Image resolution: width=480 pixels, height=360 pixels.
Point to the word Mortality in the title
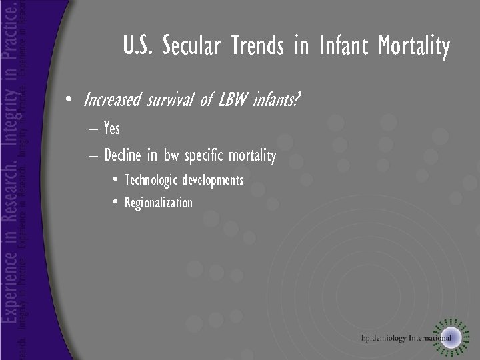[x=414, y=47]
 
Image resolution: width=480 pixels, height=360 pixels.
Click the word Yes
[x=112, y=128]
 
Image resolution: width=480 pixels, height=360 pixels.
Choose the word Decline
[x=123, y=156]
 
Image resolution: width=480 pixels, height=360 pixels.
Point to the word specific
[x=203, y=157]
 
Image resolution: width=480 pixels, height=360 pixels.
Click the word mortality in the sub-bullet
[x=252, y=157]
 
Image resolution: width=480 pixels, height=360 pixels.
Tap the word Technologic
[x=151, y=180]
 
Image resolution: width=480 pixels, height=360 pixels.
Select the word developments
[x=213, y=181]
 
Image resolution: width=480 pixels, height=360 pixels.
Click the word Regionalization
[x=159, y=203]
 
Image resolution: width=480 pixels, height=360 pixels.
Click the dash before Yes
[x=91, y=129]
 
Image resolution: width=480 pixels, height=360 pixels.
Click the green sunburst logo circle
[x=451, y=335]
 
